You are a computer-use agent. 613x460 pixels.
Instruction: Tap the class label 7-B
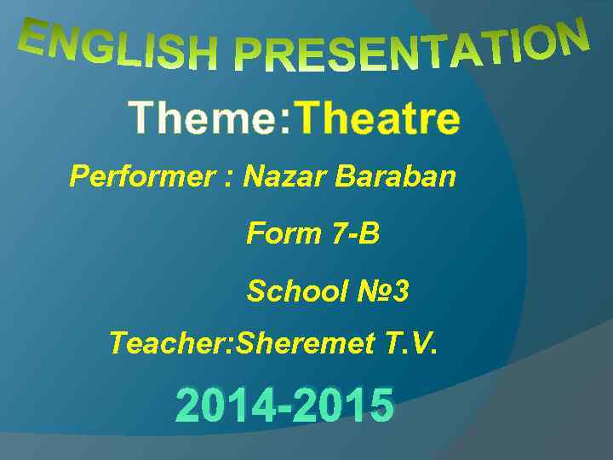(353, 233)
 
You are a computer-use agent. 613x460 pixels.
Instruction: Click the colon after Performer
(228, 179)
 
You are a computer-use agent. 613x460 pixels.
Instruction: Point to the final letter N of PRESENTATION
(572, 37)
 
